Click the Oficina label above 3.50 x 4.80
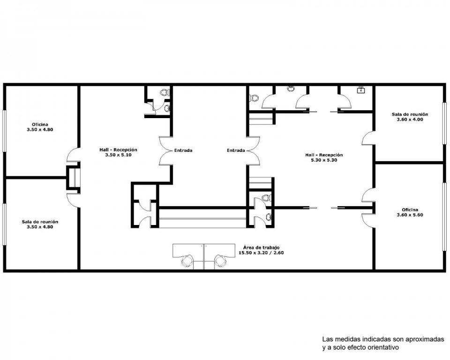click(40, 124)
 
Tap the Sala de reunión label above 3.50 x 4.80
click(40, 222)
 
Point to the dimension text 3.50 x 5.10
click(118, 155)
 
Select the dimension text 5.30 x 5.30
click(324, 160)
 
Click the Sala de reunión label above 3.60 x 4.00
click(410, 114)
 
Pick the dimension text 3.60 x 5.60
click(410, 215)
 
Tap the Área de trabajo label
click(261, 247)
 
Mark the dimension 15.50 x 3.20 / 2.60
click(261, 253)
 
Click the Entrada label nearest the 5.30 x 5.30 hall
click(236, 150)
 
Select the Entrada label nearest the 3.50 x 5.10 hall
click(183, 150)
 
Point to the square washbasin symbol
click(361, 90)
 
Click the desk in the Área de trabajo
click(204, 250)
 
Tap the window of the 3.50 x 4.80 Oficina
click(4, 131)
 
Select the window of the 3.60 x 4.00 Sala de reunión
click(444, 123)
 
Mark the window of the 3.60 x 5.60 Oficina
click(444, 217)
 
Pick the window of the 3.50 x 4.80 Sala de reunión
click(4, 224)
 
